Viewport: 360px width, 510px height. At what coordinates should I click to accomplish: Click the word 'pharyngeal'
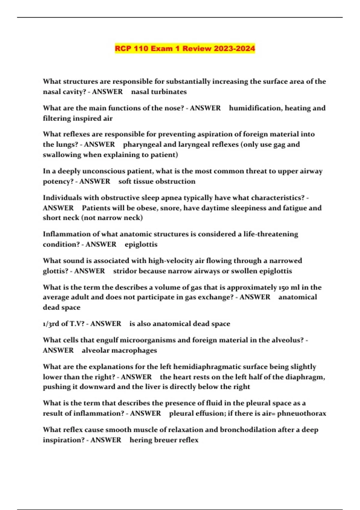click(142, 145)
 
